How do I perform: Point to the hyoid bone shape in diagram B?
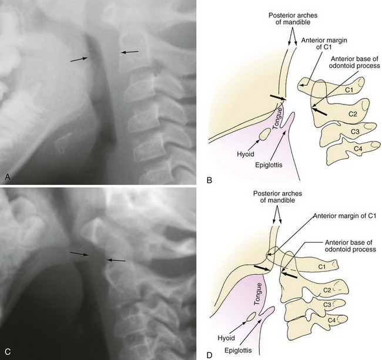(x=266, y=135)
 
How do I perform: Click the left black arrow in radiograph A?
(x=79, y=59)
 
